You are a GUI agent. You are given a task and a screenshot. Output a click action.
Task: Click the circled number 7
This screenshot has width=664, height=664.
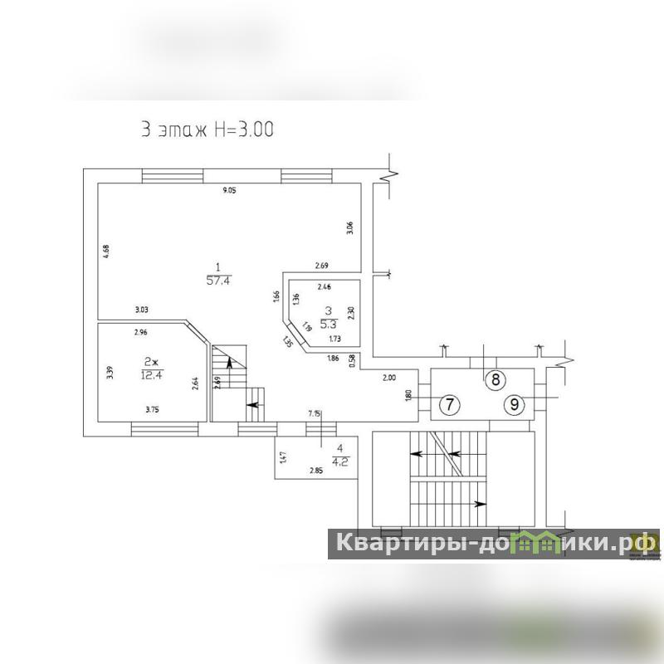click(448, 405)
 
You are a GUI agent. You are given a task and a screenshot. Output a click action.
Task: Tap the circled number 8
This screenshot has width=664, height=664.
click(495, 380)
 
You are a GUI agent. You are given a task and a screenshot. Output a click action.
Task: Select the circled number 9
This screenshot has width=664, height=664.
click(515, 405)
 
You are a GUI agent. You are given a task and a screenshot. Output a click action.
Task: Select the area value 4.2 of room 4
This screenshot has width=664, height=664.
click(340, 461)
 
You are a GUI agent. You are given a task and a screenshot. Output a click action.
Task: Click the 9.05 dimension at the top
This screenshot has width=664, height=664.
click(229, 192)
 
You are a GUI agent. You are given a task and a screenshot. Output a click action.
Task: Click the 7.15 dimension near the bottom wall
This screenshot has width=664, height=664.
click(314, 413)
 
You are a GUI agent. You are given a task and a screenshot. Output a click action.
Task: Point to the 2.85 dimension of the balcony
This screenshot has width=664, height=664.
click(316, 471)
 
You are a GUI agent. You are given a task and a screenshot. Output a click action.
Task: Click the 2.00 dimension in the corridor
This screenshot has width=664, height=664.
click(388, 378)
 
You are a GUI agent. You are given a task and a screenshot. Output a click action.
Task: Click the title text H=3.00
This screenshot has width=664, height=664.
click(242, 129)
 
